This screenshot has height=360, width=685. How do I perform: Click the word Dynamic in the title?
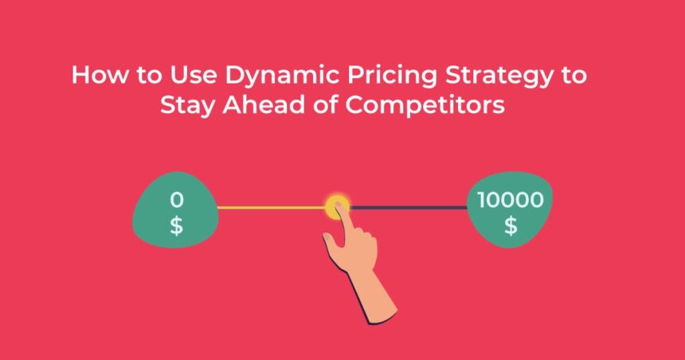pyautogui.click(x=282, y=76)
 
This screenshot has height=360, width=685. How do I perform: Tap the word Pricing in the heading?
pyautogui.click(x=392, y=76)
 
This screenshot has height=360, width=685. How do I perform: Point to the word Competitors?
pyautogui.click(x=425, y=106)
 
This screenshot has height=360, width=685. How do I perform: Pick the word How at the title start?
pyautogui.click(x=100, y=75)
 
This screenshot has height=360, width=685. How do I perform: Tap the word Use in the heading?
pyautogui.click(x=193, y=75)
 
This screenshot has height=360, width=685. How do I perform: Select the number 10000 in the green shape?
pyautogui.click(x=511, y=200)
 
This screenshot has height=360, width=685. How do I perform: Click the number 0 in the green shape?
pyautogui.click(x=177, y=200)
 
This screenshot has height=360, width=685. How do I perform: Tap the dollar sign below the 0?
pyautogui.click(x=177, y=226)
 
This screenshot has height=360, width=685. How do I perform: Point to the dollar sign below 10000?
pyautogui.click(x=511, y=226)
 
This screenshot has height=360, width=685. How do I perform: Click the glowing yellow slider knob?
pyautogui.click(x=337, y=206)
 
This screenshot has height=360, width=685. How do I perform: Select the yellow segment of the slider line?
pyautogui.click(x=272, y=208)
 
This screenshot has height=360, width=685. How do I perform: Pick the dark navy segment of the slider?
pyautogui.click(x=409, y=208)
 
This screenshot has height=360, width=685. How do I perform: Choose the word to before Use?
pyautogui.click(x=149, y=76)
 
